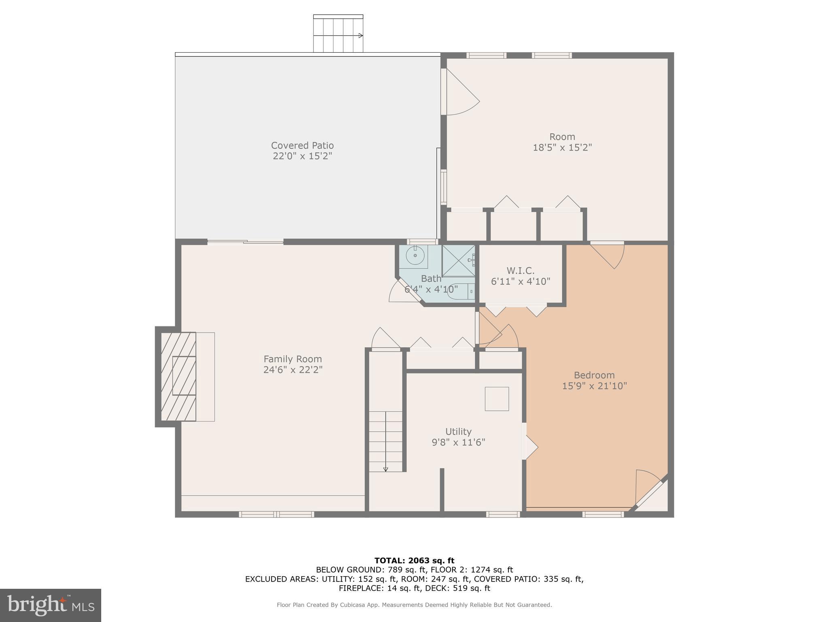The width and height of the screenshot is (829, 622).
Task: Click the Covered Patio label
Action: (302, 145)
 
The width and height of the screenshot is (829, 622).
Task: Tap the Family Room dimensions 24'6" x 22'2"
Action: (293, 370)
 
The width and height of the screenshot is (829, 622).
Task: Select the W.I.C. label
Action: (520, 271)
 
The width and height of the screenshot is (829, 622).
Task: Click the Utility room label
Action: (458, 431)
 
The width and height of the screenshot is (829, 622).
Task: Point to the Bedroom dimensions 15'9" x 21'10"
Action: (594, 386)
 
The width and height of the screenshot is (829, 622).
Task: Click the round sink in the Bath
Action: (415, 256)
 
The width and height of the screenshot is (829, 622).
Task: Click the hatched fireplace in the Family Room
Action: (179, 376)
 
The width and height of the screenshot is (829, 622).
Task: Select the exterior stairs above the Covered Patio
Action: (338, 34)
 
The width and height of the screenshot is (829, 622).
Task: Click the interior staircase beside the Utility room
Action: (385, 441)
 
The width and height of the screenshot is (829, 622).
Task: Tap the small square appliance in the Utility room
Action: (497, 399)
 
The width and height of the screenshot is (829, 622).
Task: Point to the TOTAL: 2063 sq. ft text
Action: (414, 560)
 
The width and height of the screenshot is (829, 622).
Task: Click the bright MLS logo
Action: (50, 605)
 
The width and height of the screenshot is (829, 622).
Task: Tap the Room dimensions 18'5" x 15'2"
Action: (562, 147)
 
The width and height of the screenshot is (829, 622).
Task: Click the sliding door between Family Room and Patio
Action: (245, 242)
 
